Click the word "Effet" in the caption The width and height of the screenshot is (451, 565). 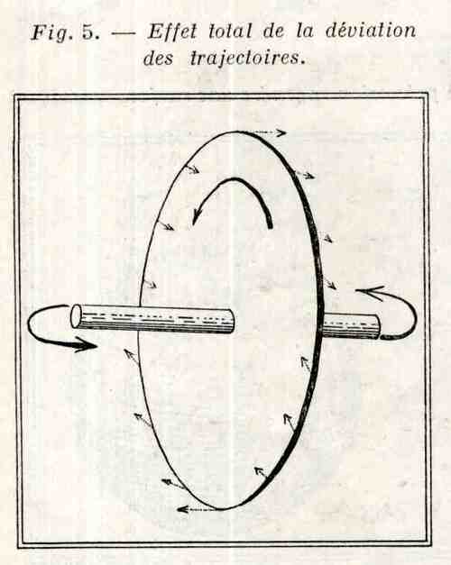[x=172, y=31]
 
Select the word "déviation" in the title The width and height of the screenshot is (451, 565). [x=371, y=31]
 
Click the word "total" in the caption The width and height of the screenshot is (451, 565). [x=230, y=32]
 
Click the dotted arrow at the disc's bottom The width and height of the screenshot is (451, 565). [x=198, y=509]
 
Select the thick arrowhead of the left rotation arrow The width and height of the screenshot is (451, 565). [x=86, y=345]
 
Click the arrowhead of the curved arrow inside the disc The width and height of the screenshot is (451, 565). [x=197, y=215]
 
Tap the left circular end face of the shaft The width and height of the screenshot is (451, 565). [x=77, y=316]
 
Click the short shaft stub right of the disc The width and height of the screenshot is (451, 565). [x=351, y=326]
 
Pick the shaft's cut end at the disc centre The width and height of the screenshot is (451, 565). [x=231, y=321]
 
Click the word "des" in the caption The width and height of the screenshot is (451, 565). [x=158, y=58]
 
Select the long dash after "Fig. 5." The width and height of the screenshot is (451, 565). [x=123, y=33]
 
